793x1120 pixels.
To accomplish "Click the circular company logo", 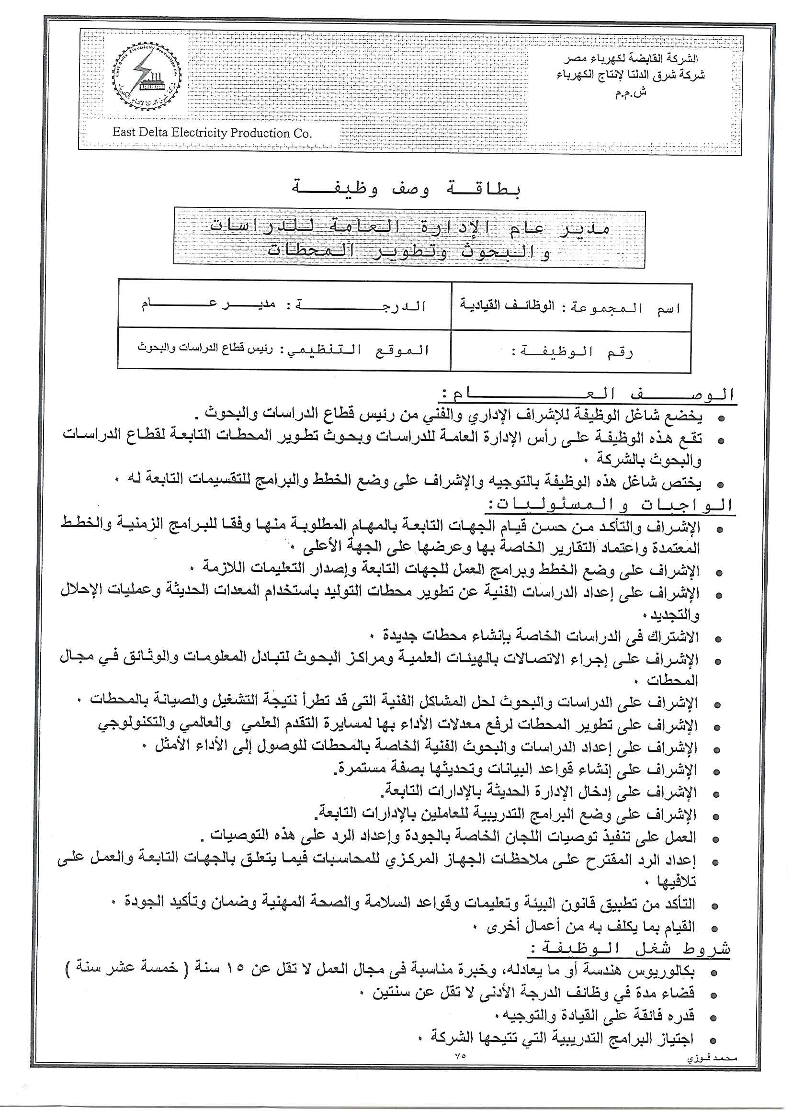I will pos(147,78).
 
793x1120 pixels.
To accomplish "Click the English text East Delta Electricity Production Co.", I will pos(212,133).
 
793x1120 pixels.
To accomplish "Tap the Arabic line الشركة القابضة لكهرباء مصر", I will pos(631,59).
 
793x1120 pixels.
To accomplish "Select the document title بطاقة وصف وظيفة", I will pos(406,189).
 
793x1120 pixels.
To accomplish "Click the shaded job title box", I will pos(409,239).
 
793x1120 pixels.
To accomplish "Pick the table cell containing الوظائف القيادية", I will pos(571,306).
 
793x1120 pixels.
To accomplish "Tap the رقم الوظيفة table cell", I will pos(571,352).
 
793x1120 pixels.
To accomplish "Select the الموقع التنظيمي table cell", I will pos(283,350).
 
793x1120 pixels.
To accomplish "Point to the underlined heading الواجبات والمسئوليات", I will pos(611,505).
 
